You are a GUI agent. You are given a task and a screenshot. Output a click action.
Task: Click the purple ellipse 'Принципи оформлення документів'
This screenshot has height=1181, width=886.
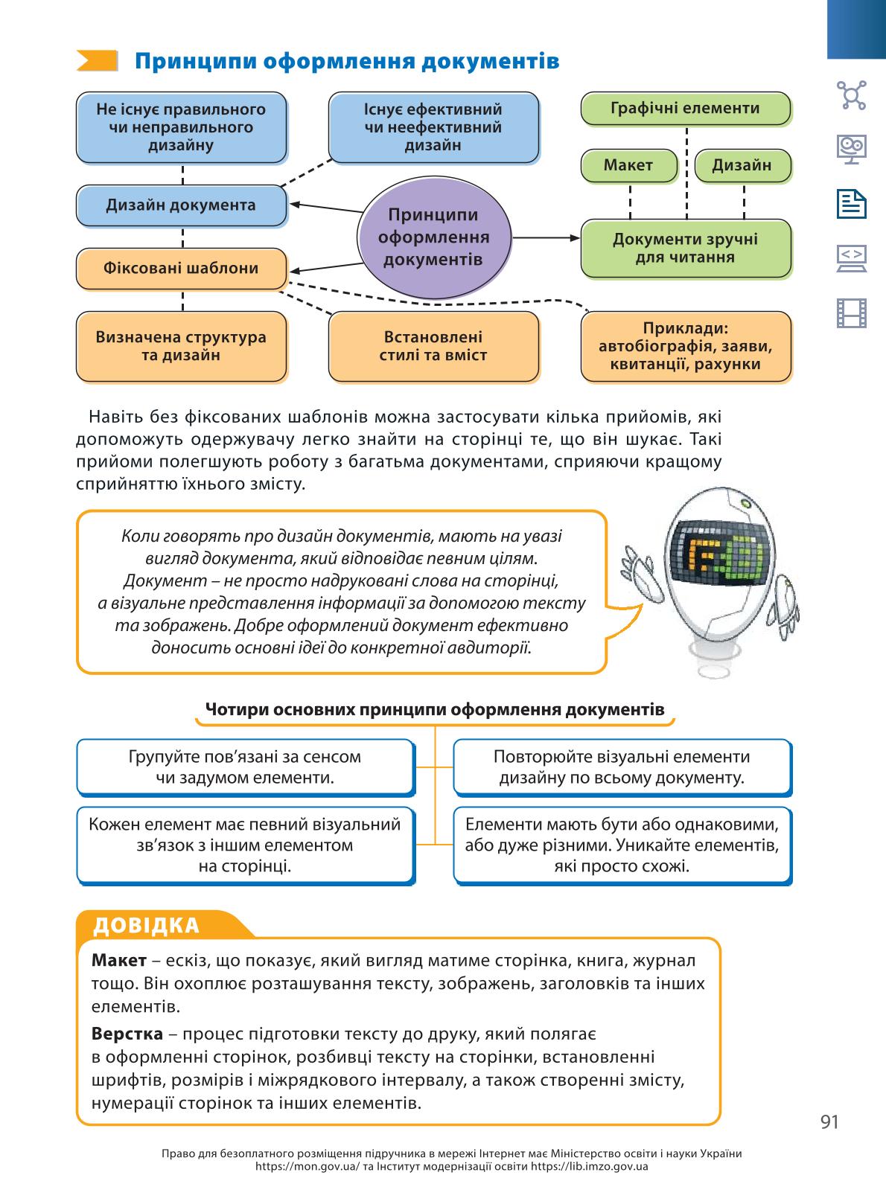pos(434,237)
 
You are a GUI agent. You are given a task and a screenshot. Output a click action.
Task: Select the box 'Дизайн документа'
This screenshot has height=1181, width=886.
pos(182,205)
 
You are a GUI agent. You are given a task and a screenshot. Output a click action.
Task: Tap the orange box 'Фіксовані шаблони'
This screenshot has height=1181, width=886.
pos(182,269)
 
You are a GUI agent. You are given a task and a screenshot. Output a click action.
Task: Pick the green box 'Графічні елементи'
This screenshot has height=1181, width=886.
pos(686,108)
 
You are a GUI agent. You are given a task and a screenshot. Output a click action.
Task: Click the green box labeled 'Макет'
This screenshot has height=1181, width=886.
pos(628,166)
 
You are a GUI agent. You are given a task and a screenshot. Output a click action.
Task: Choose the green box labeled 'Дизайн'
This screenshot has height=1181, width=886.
pos(743,166)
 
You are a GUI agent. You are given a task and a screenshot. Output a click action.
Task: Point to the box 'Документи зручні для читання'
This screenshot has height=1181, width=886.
pos(686,248)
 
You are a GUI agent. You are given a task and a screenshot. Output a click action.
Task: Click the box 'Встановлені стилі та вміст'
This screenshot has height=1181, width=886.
pos(433,347)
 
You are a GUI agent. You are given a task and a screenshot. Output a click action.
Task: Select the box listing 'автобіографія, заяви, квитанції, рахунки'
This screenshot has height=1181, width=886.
pos(686,347)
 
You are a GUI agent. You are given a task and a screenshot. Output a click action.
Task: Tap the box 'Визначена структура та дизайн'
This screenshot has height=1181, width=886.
pos(182,347)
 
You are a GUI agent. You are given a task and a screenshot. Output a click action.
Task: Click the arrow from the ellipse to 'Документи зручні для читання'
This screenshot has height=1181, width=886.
pos(546,238)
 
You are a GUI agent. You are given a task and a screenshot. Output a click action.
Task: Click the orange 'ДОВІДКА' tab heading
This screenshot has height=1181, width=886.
pos(146,926)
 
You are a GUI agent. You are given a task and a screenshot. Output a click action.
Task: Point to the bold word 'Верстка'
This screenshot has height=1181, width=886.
pos(127,1034)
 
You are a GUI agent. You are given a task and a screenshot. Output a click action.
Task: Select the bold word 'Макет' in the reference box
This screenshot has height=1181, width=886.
pos(119,960)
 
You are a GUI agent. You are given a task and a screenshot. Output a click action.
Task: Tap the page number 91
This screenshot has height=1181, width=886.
pos(829,1121)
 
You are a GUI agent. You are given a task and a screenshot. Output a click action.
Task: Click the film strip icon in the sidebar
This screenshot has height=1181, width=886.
pos(852,313)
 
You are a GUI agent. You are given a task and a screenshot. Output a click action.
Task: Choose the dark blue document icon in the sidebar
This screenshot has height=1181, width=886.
pos(852,204)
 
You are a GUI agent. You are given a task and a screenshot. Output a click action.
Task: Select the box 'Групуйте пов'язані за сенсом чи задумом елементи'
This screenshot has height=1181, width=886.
pos(246,767)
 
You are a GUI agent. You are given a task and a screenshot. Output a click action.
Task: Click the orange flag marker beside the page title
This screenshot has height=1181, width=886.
pos(97,61)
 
